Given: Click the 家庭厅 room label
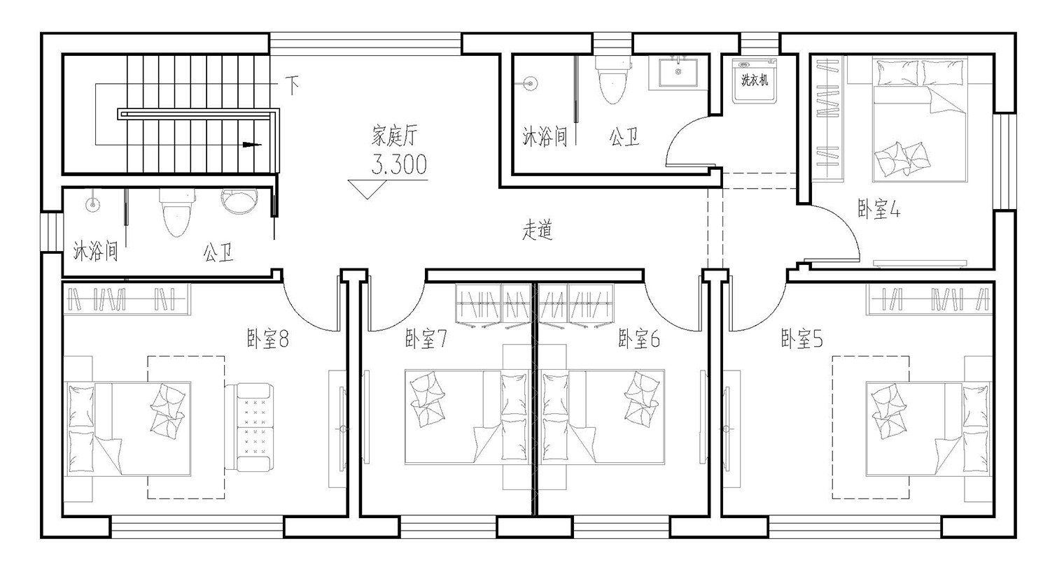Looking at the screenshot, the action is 394,136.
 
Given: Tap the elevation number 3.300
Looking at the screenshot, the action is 400,164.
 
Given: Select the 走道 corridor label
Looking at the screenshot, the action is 538,230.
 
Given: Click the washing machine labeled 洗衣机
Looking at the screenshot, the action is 754,81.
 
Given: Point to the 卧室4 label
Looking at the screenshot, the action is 879,209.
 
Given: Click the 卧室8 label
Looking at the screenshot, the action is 267,338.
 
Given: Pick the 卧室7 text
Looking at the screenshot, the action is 426,338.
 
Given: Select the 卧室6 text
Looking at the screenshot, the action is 639,338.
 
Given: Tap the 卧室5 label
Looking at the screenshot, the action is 802,338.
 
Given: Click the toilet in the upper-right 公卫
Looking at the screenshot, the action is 612,80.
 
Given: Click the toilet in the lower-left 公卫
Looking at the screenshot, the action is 176,213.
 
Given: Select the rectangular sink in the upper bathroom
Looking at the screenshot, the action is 678,73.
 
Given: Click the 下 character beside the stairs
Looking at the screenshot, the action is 292,85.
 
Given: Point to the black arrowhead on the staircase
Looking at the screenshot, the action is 252,145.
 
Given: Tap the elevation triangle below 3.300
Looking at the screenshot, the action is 367,189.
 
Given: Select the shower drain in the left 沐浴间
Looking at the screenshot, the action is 93,204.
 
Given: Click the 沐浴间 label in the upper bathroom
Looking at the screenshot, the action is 545,136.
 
